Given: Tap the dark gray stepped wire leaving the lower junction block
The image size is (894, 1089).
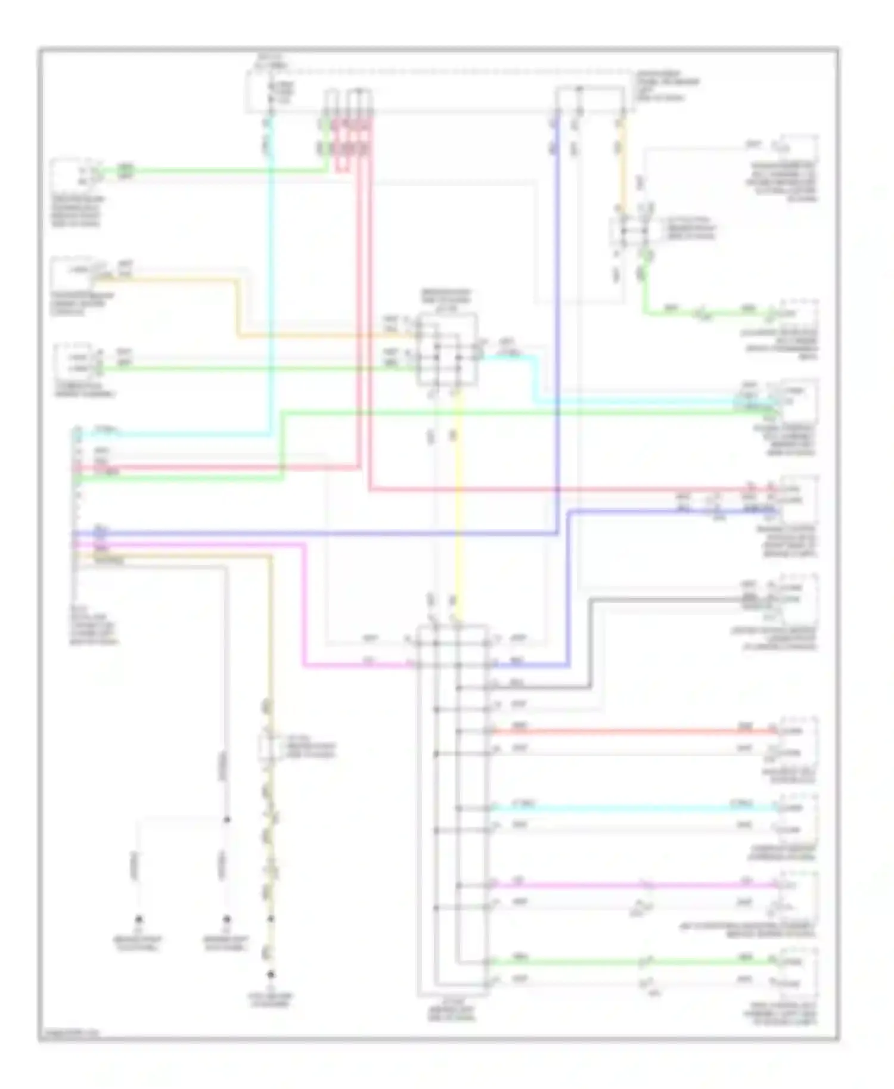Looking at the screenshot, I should (x=591, y=643).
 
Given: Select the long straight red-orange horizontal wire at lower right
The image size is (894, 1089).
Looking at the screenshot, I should (x=632, y=731).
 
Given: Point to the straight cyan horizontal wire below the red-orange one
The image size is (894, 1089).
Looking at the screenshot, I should (x=632, y=808).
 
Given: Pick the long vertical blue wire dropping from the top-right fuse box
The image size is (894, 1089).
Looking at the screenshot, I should (x=558, y=328).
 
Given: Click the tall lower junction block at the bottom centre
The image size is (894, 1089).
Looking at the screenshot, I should (x=453, y=810).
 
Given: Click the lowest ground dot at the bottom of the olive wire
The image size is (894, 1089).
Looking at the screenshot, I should (x=271, y=975).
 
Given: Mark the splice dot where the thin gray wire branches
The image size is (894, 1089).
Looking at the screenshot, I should (x=226, y=820).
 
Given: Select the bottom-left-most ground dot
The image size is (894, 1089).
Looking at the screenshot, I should (x=138, y=919).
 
